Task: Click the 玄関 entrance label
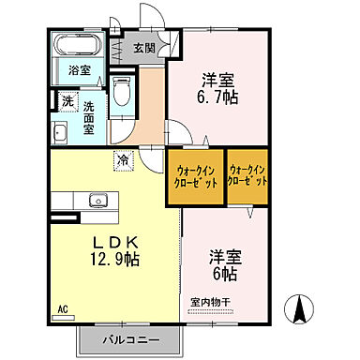(143, 49)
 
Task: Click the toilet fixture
(121, 92)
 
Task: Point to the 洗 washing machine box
(67, 99)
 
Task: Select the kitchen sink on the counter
(96, 200)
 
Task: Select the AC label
(63, 308)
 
